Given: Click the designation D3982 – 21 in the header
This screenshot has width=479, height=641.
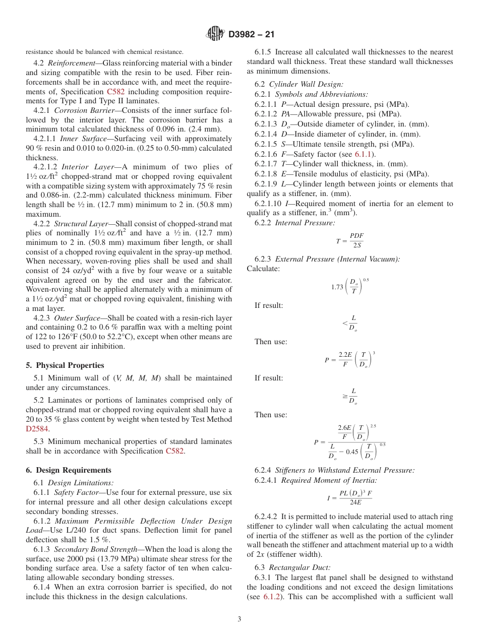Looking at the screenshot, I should point(251,35).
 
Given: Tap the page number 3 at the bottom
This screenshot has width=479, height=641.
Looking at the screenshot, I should point(239,619).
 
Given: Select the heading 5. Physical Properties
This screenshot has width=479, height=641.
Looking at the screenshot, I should point(65,365).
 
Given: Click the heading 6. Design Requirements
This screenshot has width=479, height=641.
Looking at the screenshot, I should point(69,470).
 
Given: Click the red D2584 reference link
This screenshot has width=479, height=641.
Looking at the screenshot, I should point(37,429).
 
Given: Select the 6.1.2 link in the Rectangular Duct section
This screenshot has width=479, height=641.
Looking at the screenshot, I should point(272,597).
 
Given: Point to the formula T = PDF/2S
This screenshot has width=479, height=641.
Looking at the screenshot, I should point(350,240).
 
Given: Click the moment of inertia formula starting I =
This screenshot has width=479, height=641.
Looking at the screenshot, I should point(349,498).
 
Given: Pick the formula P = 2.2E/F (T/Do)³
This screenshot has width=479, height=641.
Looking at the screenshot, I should point(349,359).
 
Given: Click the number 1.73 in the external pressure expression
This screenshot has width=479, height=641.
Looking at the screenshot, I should point(337,287).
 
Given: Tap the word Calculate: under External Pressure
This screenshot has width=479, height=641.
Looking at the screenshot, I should point(263,269).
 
